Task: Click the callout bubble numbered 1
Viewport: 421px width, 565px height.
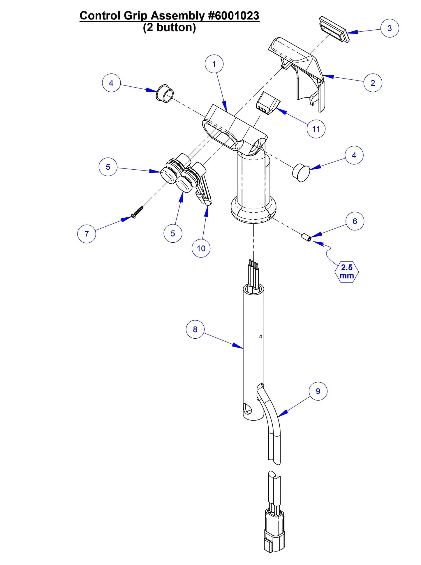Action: [x=214, y=64]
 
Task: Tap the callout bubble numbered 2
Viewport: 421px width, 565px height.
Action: [x=373, y=83]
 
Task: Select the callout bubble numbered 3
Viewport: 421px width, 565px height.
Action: [x=390, y=28]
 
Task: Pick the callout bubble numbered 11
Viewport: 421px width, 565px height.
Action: [x=316, y=129]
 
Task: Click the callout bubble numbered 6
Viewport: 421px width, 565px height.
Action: [x=355, y=221]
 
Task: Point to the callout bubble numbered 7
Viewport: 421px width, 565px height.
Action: [x=87, y=234]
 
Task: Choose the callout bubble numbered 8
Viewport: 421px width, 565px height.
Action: [x=195, y=329]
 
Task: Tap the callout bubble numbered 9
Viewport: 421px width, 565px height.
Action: [x=318, y=391]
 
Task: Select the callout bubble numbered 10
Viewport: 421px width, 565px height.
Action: [x=201, y=248]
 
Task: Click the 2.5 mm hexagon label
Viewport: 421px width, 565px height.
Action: [x=347, y=272]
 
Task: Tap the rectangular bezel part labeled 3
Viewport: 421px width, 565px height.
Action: [x=334, y=29]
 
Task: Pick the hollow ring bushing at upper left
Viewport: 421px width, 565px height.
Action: [x=165, y=94]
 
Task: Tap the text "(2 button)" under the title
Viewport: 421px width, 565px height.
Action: [x=169, y=28]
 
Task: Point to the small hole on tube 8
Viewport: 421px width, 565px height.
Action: [x=260, y=337]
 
